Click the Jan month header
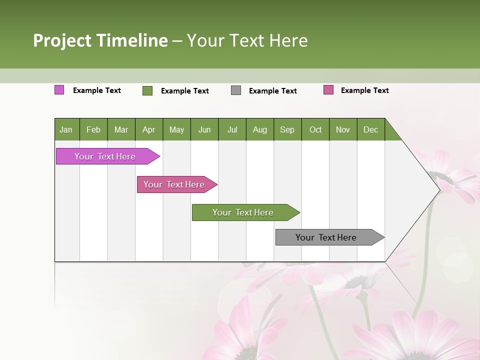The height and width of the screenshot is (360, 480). (66, 129)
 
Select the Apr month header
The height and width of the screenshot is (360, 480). (148, 129)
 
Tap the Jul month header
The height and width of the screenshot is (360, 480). (232, 129)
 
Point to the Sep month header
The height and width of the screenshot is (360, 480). (287, 129)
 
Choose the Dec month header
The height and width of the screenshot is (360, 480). (370, 129)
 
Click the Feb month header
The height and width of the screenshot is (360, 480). (93, 129)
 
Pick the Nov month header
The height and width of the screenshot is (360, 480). (342, 129)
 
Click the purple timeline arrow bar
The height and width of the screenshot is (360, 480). (105, 156)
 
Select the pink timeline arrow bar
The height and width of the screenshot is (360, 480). (174, 184)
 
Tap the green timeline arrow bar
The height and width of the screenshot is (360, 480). (243, 212)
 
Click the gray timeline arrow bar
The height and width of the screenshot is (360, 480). (326, 237)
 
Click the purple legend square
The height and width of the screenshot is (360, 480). (59, 90)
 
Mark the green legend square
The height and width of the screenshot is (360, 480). (147, 90)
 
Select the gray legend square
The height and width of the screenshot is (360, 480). (236, 90)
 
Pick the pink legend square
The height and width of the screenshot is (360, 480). (328, 90)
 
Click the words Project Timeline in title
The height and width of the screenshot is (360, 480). (100, 40)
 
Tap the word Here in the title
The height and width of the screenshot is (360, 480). (288, 40)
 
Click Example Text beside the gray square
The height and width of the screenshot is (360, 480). (272, 91)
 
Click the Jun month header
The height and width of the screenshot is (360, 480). (204, 129)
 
